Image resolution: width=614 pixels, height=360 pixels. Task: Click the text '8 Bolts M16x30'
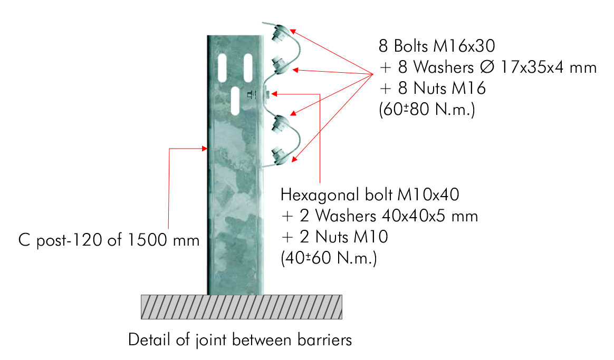click(x=437, y=46)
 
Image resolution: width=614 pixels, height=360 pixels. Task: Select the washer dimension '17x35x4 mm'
click(x=549, y=67)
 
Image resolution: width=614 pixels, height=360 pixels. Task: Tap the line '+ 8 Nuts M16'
click(x=433, y=88)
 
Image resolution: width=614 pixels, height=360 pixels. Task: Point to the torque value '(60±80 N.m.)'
click(x=427, y=109)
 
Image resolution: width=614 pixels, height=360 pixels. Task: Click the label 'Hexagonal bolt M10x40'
click(x=370, y=195)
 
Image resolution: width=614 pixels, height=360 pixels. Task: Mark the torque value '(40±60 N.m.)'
click(x=329, y=258)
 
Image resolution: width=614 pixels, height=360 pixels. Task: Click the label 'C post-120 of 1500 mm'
click(x=109, y=240)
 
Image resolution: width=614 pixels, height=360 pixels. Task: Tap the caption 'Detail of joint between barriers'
click(x=240, y=339)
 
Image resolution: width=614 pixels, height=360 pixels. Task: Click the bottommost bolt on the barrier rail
click(x=281, y=155)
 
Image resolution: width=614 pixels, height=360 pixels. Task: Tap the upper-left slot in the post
click(x=222, y=68)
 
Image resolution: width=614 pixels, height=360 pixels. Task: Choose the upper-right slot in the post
click(x=248, y=68)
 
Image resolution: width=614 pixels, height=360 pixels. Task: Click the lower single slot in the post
click(x=235, y=101)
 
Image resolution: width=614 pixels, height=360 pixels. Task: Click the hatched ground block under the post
click(x=242, y=307)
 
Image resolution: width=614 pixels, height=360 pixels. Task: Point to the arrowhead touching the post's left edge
click(x=204, y=148)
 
